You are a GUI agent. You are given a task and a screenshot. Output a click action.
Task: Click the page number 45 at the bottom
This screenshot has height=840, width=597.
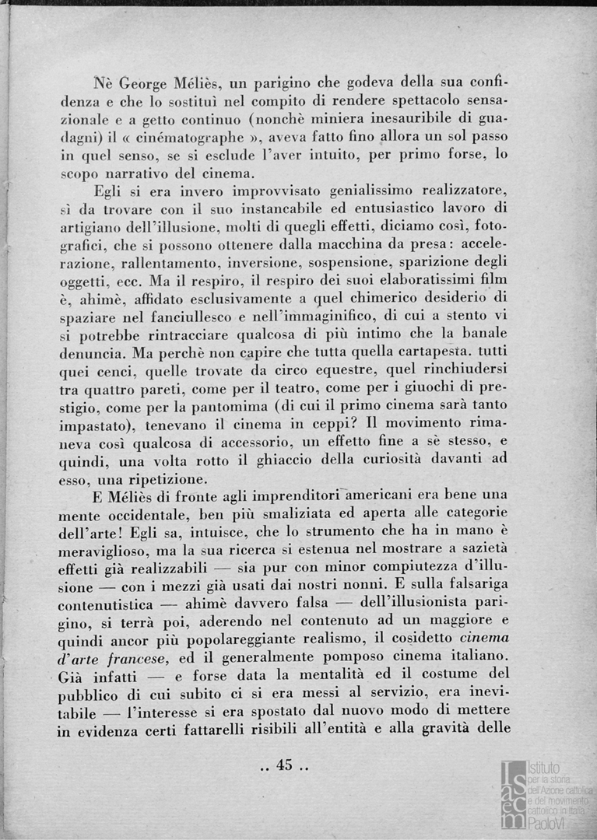[x=283, y=765]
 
